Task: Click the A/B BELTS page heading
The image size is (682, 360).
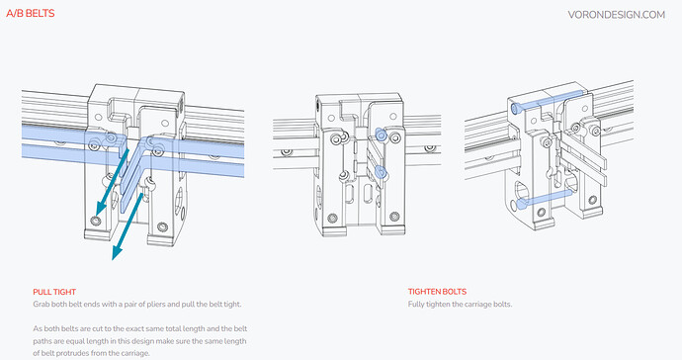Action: pos(31,14)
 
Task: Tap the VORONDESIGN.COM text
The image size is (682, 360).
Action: pos(617,15)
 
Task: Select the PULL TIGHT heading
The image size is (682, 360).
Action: pos(54,292)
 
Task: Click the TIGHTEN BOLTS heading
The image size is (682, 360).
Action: pos(437,292)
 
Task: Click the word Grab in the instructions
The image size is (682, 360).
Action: pos(42,305)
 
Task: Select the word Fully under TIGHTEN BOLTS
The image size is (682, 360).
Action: pos(416,305)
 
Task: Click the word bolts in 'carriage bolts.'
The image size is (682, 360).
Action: pos(503,305)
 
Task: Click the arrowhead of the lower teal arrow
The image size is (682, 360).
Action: pos(117,251)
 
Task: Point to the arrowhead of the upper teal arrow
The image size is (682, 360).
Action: pos(101,208)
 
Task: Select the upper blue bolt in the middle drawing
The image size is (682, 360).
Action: pos(381,135)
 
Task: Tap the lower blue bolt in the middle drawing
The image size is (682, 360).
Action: pos(381,172)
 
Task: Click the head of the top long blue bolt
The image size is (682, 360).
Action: pos(516,108)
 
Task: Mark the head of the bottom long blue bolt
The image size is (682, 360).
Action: pos(521,203)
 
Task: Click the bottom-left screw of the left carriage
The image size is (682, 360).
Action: pos(96,222)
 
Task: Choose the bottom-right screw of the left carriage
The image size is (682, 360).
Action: pos(162,226)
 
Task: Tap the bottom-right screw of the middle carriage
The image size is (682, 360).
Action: pos(394,217)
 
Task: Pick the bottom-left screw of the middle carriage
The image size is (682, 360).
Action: pos(333,218)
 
